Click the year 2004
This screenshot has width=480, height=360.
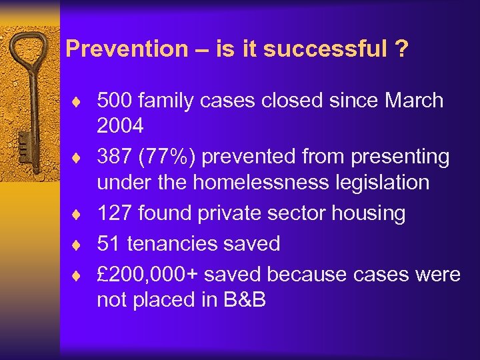(x=120, y=125)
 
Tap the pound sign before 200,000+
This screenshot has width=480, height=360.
(x=103, y=274)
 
